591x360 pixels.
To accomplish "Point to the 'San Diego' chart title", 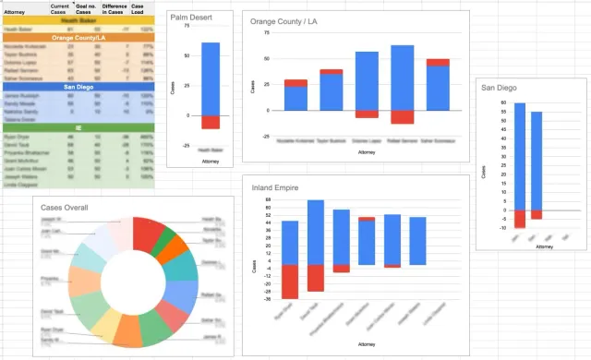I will click(x=501, y=88).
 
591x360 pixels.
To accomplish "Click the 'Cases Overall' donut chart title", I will click(x=65, y=207).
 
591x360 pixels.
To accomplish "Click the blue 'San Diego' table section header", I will click(x=78, y=86).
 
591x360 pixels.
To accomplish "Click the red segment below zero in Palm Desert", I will click(x=211, y=122).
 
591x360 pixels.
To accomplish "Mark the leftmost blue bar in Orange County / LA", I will click(x=295, y=99).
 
